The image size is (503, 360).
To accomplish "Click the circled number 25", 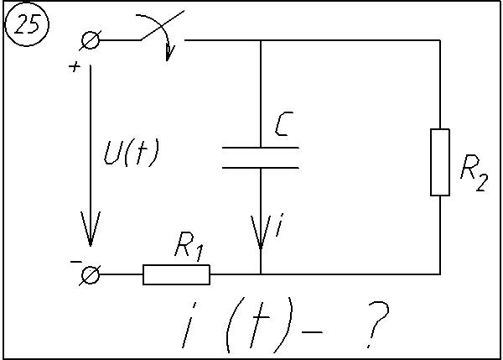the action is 27,24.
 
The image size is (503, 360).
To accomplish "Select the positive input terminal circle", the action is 91,40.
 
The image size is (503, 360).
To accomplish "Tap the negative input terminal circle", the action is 91,274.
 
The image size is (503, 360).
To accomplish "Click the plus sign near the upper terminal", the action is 75,67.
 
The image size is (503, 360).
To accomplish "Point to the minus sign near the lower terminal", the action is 76,262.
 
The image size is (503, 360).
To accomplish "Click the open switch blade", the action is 163,25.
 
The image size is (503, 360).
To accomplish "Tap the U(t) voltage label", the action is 132,153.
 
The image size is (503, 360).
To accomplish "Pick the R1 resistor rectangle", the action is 176,274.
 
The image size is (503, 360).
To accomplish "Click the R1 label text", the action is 189,246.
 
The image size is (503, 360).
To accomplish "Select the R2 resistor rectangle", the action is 440,162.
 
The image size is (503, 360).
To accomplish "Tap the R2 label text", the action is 474,174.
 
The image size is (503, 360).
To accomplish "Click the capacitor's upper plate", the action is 261,148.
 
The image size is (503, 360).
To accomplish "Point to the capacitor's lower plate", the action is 261,168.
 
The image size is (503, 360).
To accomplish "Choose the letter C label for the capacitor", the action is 283,123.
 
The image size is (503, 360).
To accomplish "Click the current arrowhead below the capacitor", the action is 261,232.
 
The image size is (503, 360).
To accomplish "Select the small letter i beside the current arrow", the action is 280,225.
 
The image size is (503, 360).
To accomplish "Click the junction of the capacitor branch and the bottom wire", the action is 261,274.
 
